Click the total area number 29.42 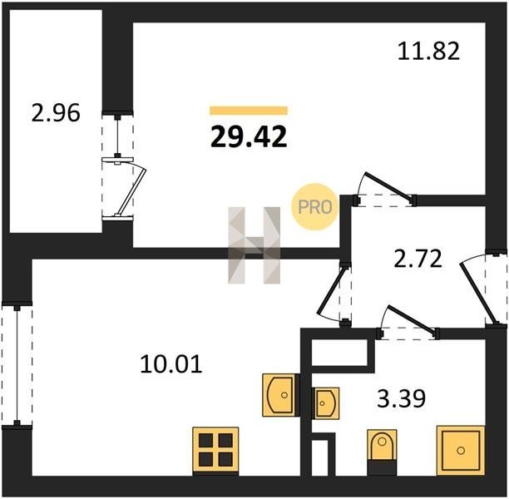(x=249, y=136)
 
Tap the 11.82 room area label (x=429, y=52)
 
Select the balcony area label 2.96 (x=56, y=113)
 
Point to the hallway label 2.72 (x=418, y=259)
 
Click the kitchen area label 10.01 (x=171, y=364)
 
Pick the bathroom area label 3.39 (x=401, y=398)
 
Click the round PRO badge (x=315, y=207)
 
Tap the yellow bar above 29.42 (x=249, y=111)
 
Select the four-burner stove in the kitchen (x=215, y=452)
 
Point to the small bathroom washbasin (x=325, y=403)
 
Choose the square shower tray (x=461, y=451)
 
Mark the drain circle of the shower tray (x=461, y=451)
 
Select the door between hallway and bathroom (x=410, y=321)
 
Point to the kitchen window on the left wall (x=17, y=364)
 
